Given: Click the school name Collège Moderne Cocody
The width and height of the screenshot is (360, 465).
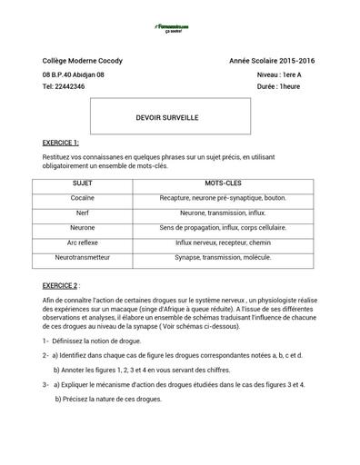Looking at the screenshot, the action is pyautogui.click(x=83, y=60).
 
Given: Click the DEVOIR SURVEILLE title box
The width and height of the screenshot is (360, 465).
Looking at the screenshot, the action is pyautogui.click(x=173, y=117).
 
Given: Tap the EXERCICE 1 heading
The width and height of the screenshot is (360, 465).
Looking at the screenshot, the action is pyautogui.click(x=61, y=143).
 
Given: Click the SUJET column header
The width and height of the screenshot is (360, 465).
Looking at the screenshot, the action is pyautogui.click(x=83, y=183).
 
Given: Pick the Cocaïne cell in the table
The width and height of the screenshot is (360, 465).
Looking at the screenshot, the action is pyautogui.click(x=83, y=197).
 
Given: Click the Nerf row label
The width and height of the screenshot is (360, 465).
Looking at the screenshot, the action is pyautogui.click(x=83, y=213).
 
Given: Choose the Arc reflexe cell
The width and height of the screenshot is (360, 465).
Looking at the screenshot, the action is pyautogui.click(x=83, y=242).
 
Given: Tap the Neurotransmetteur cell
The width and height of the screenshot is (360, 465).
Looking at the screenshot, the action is pyautogui.click(x=83, y=258).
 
